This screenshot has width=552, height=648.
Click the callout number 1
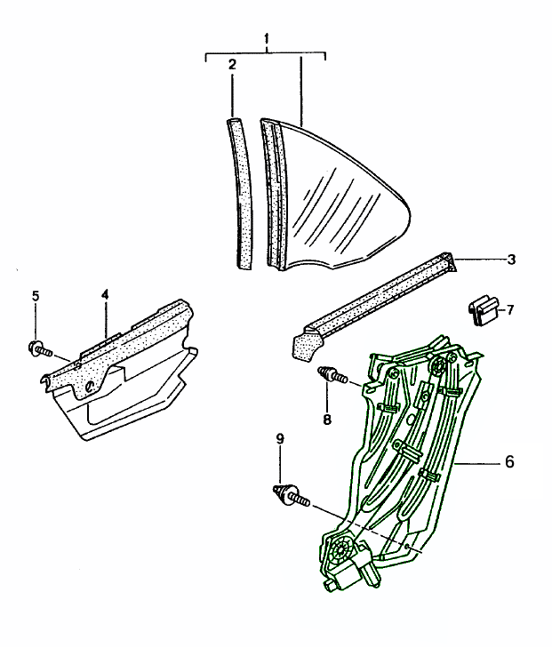(267, 39)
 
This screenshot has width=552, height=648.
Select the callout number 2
(232, 65)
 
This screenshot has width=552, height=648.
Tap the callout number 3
(511, 260)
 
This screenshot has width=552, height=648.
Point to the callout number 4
(105, 294)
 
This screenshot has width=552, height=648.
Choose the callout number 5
(36, 296)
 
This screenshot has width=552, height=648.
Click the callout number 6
(509, 461)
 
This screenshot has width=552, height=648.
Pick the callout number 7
(510, 309)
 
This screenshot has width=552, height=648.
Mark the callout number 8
(327, 420)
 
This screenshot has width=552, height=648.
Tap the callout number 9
(280, 438)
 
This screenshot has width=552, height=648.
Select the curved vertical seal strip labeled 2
(241, 195)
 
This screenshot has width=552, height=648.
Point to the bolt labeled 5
(40, 349)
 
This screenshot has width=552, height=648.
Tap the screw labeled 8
(333, 376)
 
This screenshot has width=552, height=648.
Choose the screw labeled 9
(292, 495)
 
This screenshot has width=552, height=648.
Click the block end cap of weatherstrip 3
(306, 343)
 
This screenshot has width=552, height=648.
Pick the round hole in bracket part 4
(89, 387)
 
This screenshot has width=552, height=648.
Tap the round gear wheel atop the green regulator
(437, 365)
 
